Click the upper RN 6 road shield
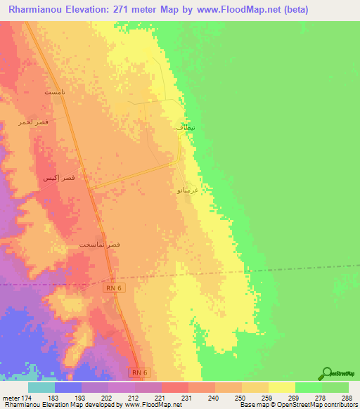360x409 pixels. [x=113, y=287]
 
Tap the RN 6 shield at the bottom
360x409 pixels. [x=140, y=372]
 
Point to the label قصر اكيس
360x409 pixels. [x=59, y=178]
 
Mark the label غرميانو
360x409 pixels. [x=186, y=190]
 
